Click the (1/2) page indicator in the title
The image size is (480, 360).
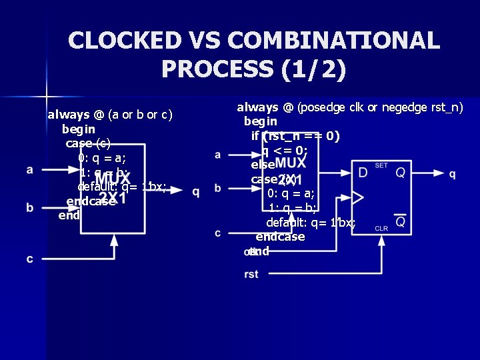coord(313,69)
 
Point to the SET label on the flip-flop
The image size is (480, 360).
coord(381,165)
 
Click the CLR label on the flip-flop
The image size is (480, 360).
coord(381,228)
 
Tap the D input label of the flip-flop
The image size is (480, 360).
coord(363,173)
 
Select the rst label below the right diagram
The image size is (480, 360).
coord(251,274)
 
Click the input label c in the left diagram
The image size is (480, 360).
coord(30,259)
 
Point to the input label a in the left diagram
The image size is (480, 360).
coord(30,169)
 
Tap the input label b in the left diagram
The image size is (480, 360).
coord(30,208)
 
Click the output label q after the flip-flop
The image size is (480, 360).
coord(453,174)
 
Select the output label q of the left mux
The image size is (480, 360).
coord(195,192)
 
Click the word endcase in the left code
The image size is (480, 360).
coord(91,202)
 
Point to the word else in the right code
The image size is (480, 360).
coord(263,165)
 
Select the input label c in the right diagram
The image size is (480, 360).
coord(218,233)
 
